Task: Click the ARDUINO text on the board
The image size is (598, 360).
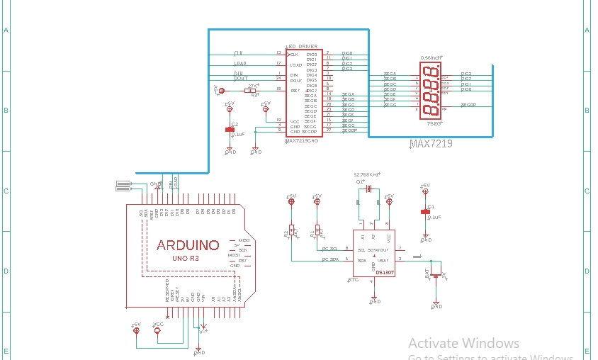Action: pos(188,245)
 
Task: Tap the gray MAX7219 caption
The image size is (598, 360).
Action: pos(431,144)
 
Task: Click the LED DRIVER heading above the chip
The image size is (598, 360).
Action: pos(301,46)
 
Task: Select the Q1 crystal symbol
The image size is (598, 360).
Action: pos(369,189)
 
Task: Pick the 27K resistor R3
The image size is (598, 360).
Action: pos(249,91)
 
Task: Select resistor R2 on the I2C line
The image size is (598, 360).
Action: pos(290,232)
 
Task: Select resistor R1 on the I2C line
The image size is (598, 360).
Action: pos(317,232)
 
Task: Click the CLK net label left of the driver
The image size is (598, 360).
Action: pos(238,53)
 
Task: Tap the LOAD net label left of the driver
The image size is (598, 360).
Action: pos(240,64)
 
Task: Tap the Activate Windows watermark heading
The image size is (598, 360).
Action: pos(463,343)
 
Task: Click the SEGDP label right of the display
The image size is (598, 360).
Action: pos(468,105)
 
